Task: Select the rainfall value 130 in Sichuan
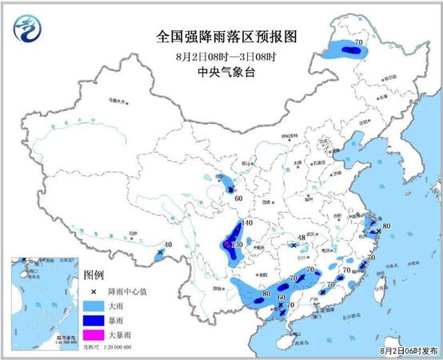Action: (x=237, y=245)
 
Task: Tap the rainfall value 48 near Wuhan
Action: (x=301, y=238)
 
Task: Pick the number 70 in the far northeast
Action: (x=358, y=41)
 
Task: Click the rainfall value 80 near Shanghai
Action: (x=386, y=226)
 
